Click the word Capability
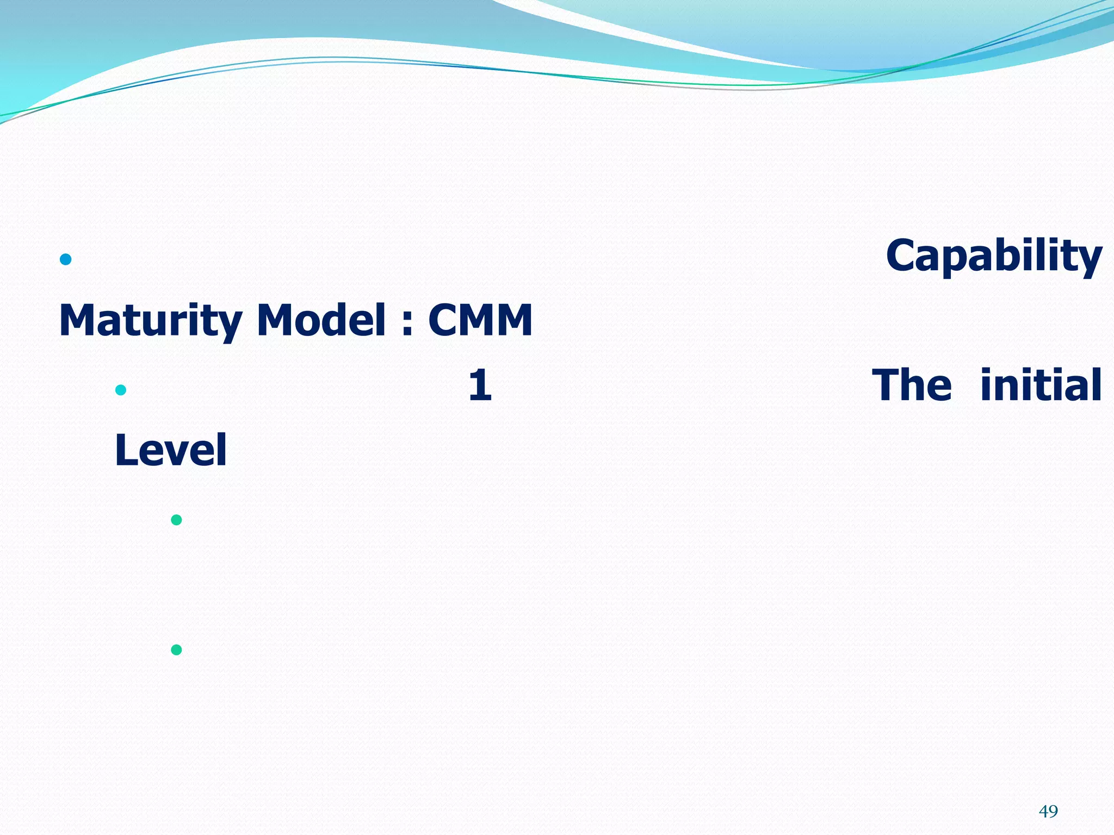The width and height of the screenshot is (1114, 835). click(x=993, y=257)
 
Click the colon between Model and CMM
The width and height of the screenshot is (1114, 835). click(x=407, y=324)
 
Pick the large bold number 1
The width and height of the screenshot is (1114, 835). click(x=480, y=385)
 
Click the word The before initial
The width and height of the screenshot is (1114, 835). click(x=912, y=385)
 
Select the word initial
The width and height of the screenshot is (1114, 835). click(x=1041, y=385)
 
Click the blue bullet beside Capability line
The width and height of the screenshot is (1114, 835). click(x=66, y=259)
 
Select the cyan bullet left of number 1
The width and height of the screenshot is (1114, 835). click(x=121, y=390)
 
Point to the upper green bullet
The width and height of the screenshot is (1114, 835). click(x=176, y=520)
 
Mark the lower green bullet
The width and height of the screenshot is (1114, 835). click(x=176, y=650)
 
